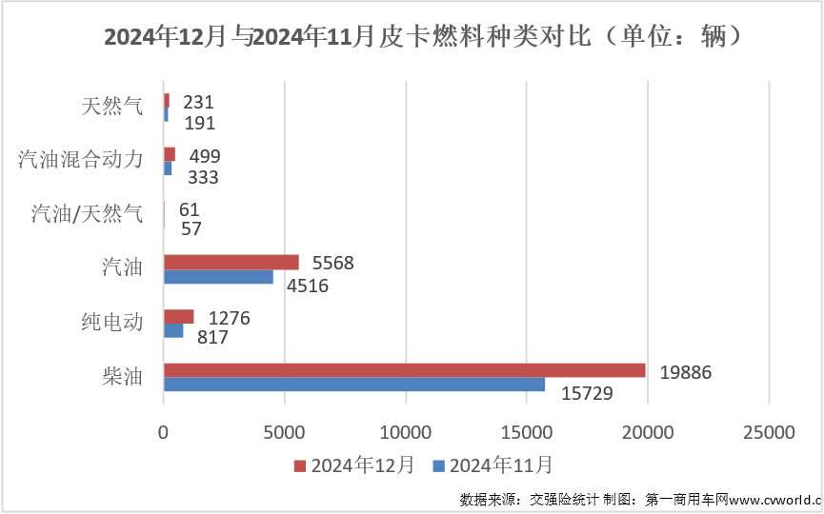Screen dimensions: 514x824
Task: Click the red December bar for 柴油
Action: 404,370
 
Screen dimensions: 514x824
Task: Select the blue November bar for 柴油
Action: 354,385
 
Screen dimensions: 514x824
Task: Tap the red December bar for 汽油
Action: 231,262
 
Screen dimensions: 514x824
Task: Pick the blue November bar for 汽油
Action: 218,277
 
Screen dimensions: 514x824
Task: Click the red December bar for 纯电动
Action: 178,316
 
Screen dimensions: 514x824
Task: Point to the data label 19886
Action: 686,372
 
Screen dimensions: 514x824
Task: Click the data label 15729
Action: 586,392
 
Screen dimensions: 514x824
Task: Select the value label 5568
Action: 332,264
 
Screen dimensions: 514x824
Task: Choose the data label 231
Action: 198,102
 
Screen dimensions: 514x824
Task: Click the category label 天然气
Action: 112,106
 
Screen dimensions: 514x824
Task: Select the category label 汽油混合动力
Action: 81,159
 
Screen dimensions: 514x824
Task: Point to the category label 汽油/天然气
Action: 87,213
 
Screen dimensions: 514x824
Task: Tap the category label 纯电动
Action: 112,322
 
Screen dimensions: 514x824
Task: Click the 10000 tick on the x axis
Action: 406,432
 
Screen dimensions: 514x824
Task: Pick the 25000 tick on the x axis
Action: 769,432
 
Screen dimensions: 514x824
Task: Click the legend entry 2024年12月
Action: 353,465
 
